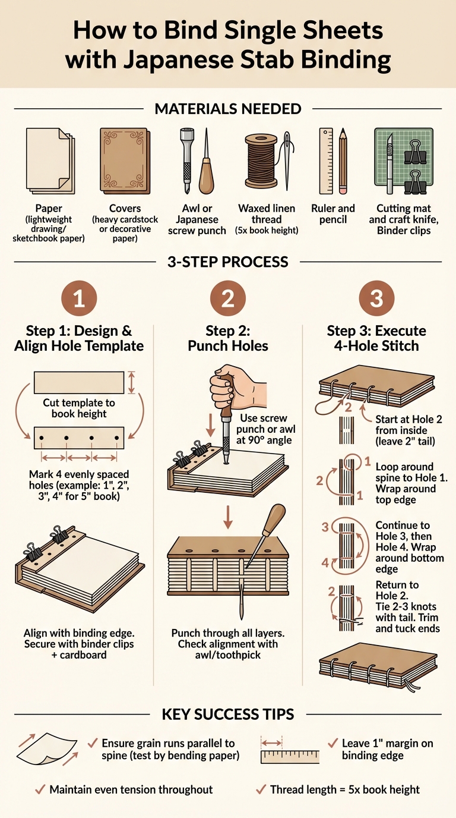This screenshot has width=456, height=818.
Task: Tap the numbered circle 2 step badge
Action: tap(228, 298)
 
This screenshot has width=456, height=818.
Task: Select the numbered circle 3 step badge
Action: tap(376, 298)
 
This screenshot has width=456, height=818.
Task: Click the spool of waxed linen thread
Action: tap(261, 161)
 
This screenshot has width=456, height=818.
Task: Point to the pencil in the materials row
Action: tap(343, 161)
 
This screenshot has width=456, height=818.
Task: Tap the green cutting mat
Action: tap(404, 161)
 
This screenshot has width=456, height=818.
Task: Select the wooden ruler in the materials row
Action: tap(326, 161)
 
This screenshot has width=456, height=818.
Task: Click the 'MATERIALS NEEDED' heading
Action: tap(228, 109)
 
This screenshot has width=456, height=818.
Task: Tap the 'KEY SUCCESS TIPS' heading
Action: tap(228, 714)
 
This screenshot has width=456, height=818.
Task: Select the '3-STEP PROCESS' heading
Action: tap(228, 262)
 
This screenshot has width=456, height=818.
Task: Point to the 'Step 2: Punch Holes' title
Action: tap(228, 338)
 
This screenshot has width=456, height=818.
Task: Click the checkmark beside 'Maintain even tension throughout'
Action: tap(40, 789)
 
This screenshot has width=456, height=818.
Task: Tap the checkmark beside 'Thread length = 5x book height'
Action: tap(260, 789)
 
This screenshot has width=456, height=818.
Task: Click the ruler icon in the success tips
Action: tap(290, 756)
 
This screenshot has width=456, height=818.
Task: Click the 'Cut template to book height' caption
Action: tap(79, 408)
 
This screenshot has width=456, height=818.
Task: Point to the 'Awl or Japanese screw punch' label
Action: tap(197, 219)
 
